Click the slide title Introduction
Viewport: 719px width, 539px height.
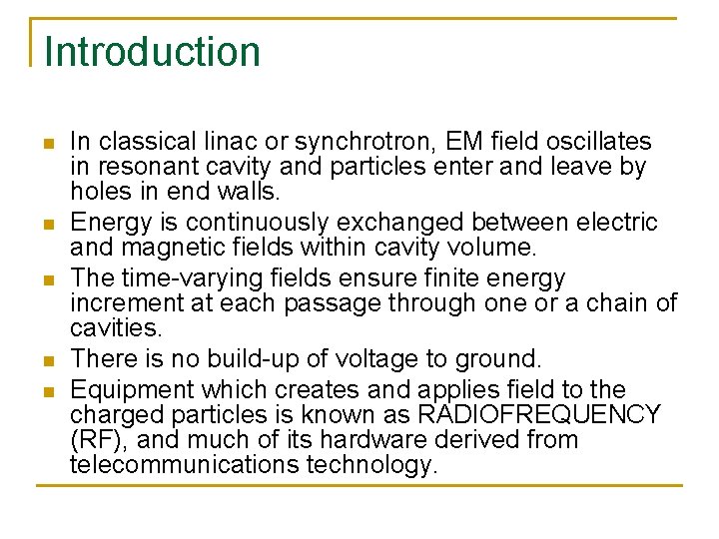click(152, 52)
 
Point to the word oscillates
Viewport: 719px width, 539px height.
click(600, 143)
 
